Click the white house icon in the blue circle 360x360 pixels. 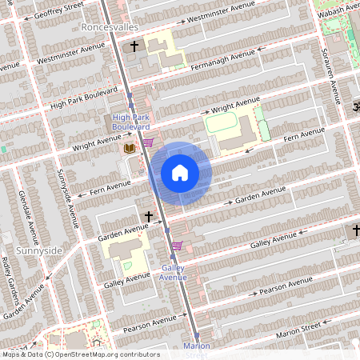coord(180,172)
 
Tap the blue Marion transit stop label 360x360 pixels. coord(196,346)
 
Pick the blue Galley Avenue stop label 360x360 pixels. coord(173,272)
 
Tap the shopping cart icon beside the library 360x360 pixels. coord(148,143)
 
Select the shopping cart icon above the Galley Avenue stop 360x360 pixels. coord(177,246)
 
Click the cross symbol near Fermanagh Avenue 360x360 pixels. coord(134,46)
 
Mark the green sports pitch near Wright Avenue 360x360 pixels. coord(223,124)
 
